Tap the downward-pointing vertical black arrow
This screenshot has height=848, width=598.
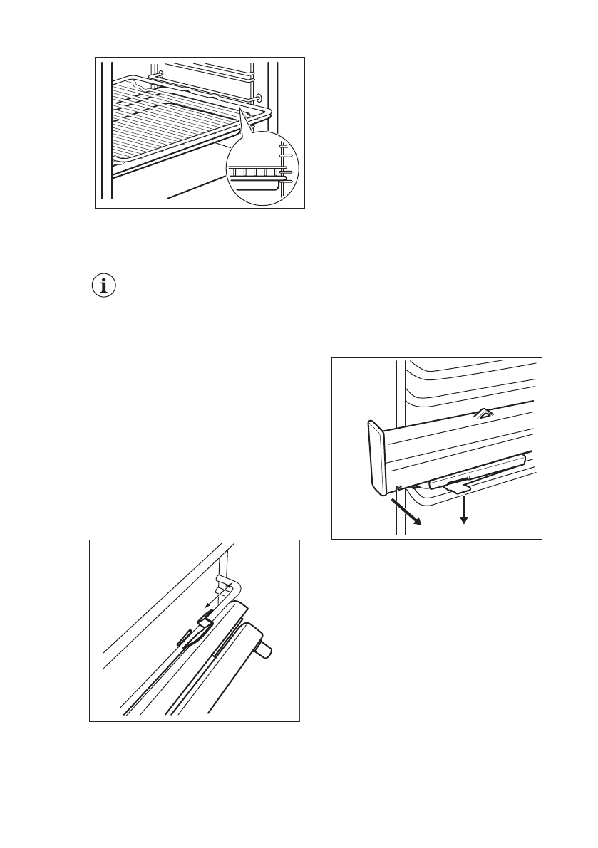pyautogui.click(x=464, y=510)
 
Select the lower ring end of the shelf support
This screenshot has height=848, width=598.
pyautogui.click(x=258, y=98)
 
